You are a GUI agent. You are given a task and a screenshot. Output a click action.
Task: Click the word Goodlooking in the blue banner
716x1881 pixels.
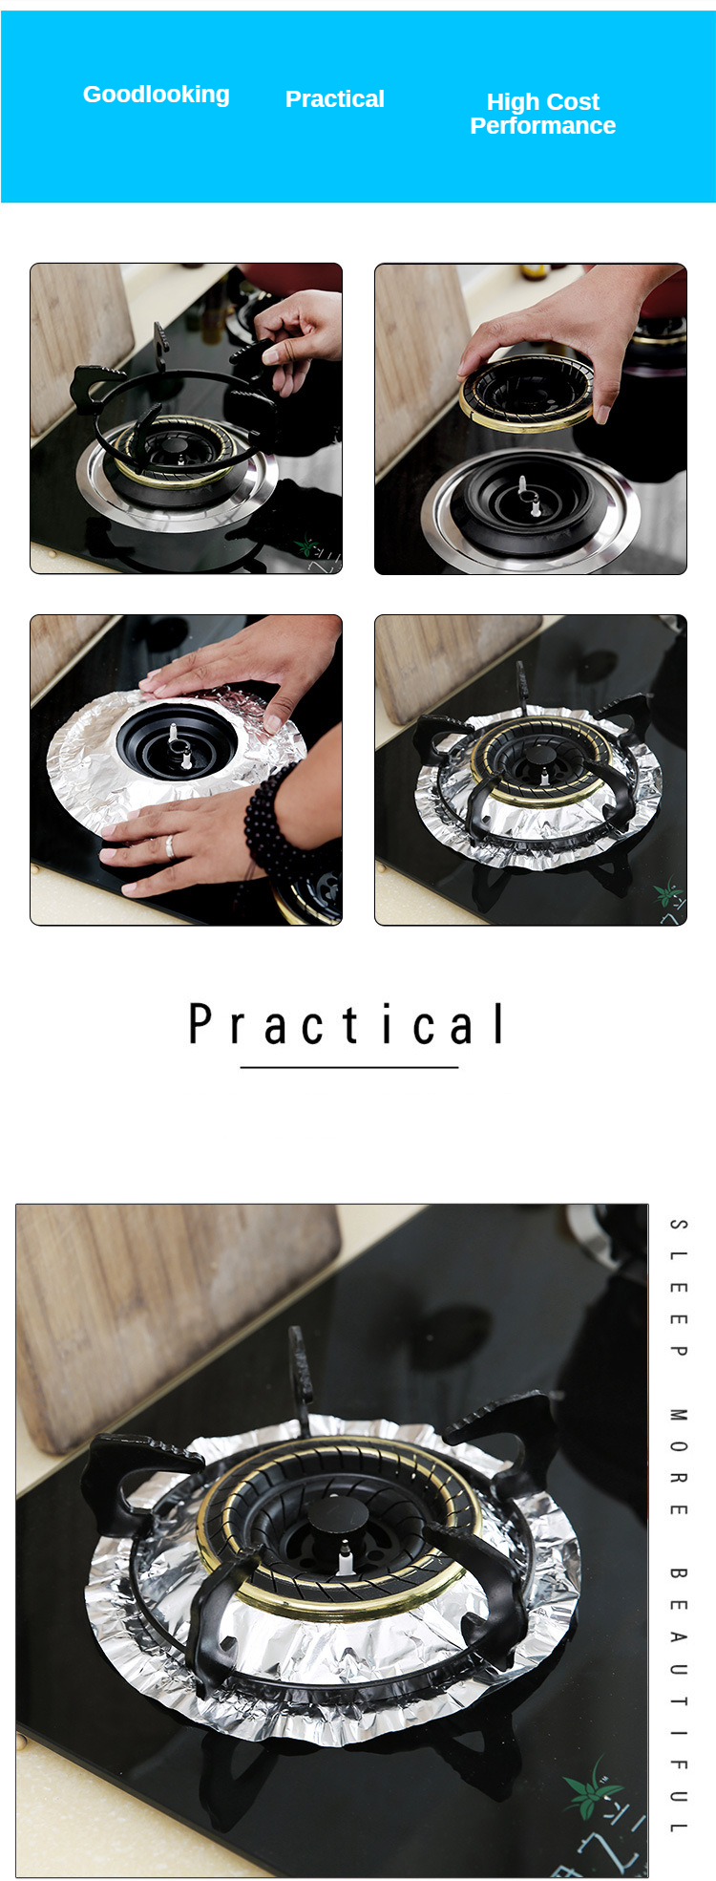pyautogui.click(x=156, y=95)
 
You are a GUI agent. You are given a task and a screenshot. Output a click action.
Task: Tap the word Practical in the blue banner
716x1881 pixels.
pyautogui.click(x=334, y=99)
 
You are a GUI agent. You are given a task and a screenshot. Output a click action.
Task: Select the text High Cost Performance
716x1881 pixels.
pyautogui.click(x=542, y=114)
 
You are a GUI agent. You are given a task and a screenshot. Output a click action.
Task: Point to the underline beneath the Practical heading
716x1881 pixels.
pyautogui.click(x=349, y=1067)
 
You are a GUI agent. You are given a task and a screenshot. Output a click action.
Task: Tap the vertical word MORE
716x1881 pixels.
pyautogui.click(x=678, y=1461)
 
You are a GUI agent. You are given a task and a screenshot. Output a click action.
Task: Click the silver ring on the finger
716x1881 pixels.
pyautogui.click(x=170, y=846)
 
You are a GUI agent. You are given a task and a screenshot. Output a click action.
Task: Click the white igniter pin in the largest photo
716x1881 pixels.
pyautogui.click(x=345, y=1561)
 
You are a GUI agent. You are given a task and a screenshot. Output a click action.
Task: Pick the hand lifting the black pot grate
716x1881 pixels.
pyautogui.click(x=301, y=334)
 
